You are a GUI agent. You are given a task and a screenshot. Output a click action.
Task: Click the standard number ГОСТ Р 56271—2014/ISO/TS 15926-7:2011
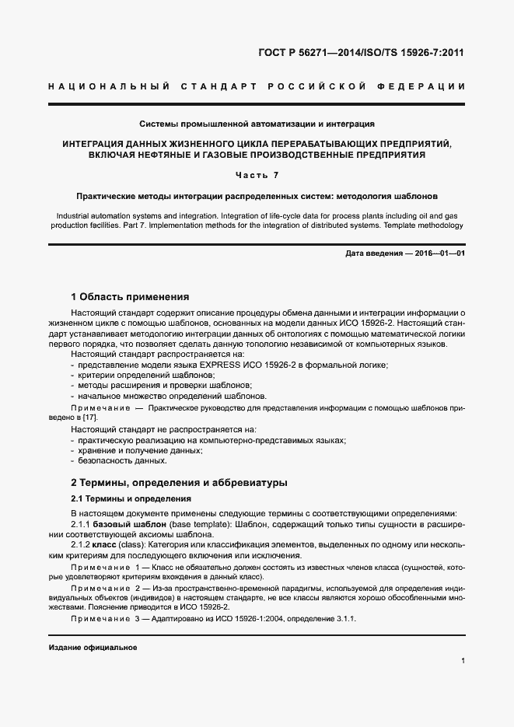(x=365, y=54)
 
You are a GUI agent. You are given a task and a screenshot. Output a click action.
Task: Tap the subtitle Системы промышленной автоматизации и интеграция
(x=257, y=124)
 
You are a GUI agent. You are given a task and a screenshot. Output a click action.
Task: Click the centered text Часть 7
(x=257, y=175)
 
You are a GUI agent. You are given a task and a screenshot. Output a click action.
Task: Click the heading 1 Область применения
(x=129, y=296)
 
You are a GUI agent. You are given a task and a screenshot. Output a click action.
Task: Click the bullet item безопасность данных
(x=111, y=461)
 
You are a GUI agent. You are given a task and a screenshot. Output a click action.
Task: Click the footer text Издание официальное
(x=93, y=648)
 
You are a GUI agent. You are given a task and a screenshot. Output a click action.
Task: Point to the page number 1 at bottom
(x=463, y=662)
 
